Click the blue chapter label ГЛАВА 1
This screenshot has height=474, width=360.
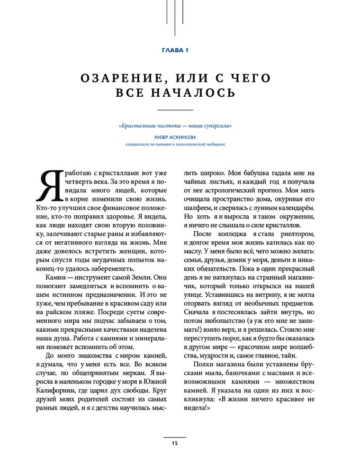click(x=180, y=51)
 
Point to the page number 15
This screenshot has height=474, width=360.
click(x=175, y=443)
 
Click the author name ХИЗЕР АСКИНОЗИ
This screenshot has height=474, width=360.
click(x=175, y=137)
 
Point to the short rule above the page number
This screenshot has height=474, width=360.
click(x=175, y=436)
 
